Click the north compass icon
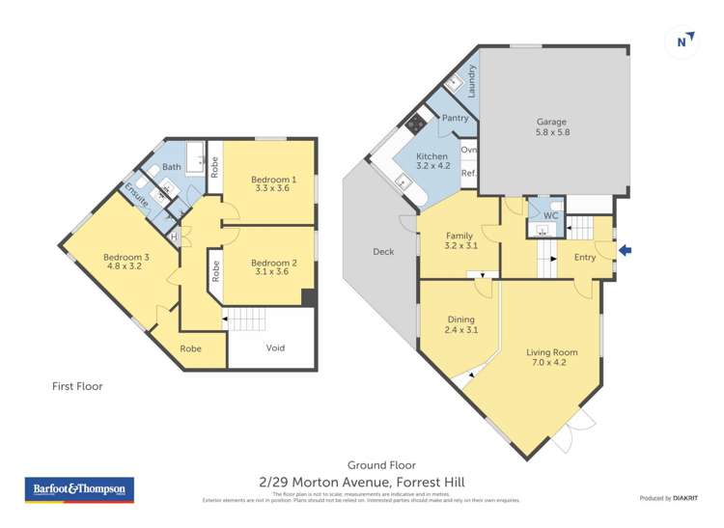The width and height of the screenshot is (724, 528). (x=682, y=41)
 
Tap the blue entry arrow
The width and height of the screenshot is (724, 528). (x=625, y=251)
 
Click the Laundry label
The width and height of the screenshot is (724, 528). (x=472, y=78)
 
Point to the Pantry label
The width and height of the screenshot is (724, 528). (x=455, y=119)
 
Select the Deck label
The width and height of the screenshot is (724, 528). (x=383, y=252)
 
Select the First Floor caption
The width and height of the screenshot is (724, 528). (x=77, y=386)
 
